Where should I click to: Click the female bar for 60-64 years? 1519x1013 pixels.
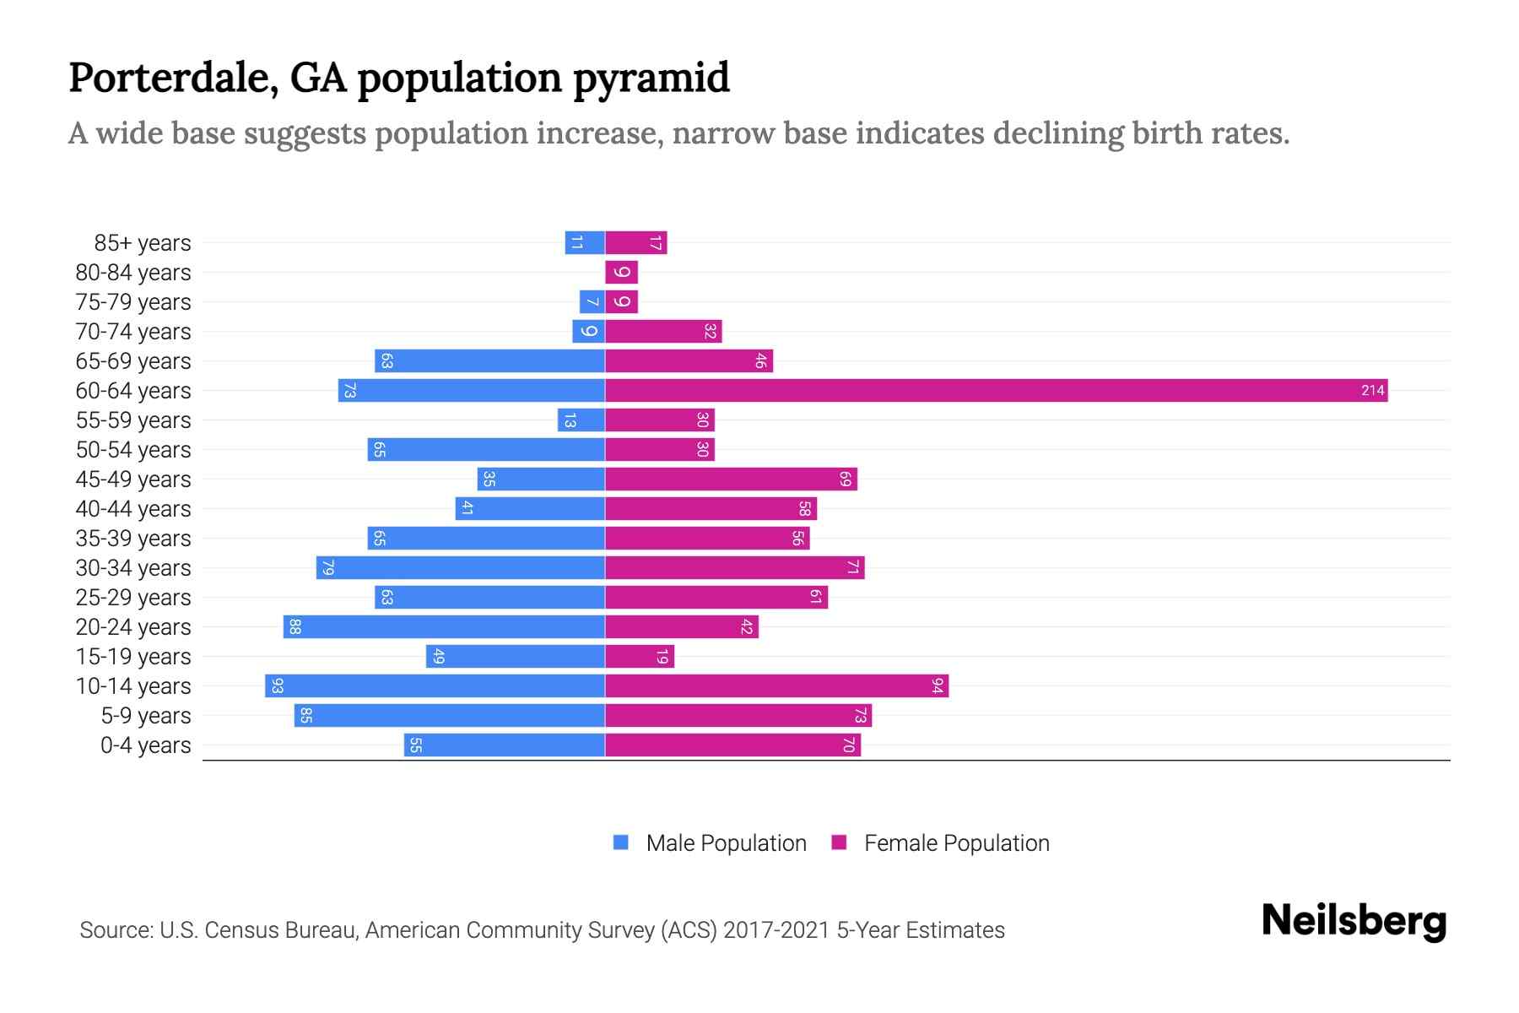(996, 390)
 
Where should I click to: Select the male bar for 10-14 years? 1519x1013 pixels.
(435, 685)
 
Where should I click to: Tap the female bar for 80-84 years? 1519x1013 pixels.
(621, 272)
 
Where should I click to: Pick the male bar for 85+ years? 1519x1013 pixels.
(585, 242)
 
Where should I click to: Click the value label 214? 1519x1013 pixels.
(1372, 390)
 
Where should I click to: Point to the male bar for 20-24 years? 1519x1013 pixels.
(444, 626)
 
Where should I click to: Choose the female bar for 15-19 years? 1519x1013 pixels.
(640, 656)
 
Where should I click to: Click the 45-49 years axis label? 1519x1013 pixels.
(133, 479)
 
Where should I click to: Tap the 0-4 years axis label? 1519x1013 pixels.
(145, 745)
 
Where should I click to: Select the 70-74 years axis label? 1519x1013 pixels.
(133, 331)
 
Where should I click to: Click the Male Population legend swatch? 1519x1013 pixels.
(621, 842)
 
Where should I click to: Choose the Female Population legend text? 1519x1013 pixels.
(956, 842)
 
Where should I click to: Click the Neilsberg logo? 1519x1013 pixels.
(1354, 921)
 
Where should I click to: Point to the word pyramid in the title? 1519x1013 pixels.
(651, 78)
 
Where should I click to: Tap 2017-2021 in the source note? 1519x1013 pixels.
(776, 930)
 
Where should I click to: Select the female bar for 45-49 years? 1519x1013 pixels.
(731, 479)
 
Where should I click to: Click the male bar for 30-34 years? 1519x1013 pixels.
(461, 567)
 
